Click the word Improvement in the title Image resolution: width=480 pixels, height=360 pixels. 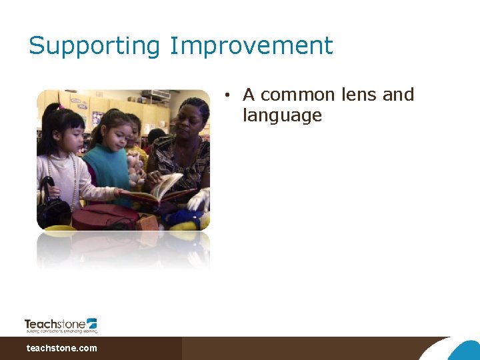click(251, 45)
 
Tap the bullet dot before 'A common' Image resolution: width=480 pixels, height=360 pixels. click(227, 95)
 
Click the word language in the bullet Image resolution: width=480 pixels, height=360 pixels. click(282, 115)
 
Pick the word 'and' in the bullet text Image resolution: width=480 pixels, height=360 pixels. click(398, 95)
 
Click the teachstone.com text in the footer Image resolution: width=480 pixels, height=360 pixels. click(61, 348)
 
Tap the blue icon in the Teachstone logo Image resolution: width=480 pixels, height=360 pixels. click(91, 323)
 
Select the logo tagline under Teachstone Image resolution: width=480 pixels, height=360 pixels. click(61, 331)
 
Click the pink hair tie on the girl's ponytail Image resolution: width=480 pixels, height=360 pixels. click(61, 107)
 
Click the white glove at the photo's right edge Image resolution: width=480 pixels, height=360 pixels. click(201, 199)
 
